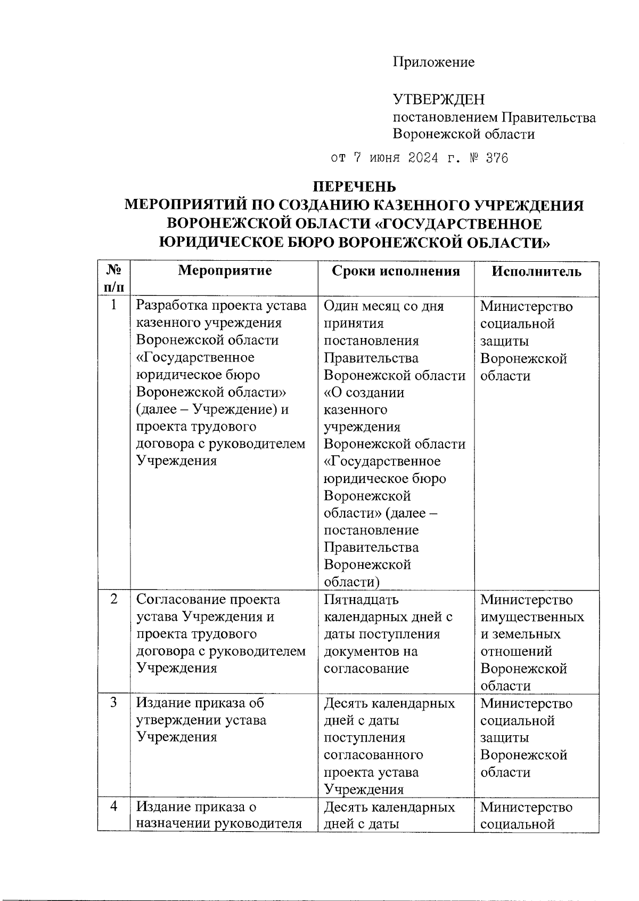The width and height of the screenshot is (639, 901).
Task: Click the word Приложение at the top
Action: click(x=433, y=62)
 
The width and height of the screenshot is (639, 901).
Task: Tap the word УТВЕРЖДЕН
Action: click(x=439, y=99)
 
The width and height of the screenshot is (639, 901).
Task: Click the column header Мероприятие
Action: click(x=224, y=271)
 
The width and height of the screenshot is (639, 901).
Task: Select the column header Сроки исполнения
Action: click(x=395, y=271)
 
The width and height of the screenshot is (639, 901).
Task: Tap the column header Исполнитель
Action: click(x=536, y=271)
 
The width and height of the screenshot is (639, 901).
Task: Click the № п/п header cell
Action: click(x=114, y=279)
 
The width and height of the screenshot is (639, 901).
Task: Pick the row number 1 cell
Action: click(x=113, y=306)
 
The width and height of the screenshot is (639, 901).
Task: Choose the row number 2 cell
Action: click(x=113, y=599)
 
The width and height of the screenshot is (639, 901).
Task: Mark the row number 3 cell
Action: click(x=113, y=703)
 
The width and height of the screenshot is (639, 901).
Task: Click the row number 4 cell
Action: click(x=113, y=807)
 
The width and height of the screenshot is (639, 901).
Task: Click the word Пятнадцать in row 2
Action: click(x=361, y=600)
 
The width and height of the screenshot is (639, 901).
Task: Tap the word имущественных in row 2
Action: click(x=532, y=617)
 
